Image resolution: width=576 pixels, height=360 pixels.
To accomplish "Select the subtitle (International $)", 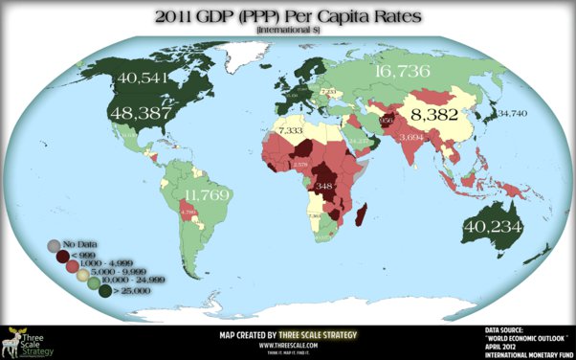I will pos(287,33).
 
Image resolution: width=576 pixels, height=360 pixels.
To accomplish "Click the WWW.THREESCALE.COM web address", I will pos(288,344).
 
